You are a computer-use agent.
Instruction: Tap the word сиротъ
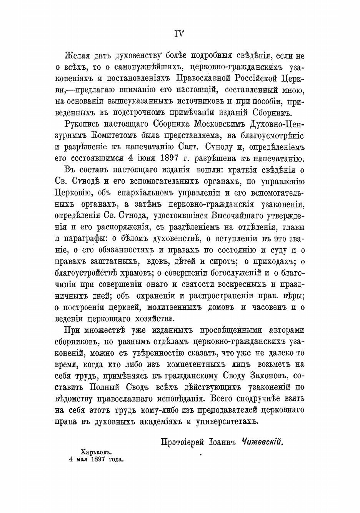(217, 263)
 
